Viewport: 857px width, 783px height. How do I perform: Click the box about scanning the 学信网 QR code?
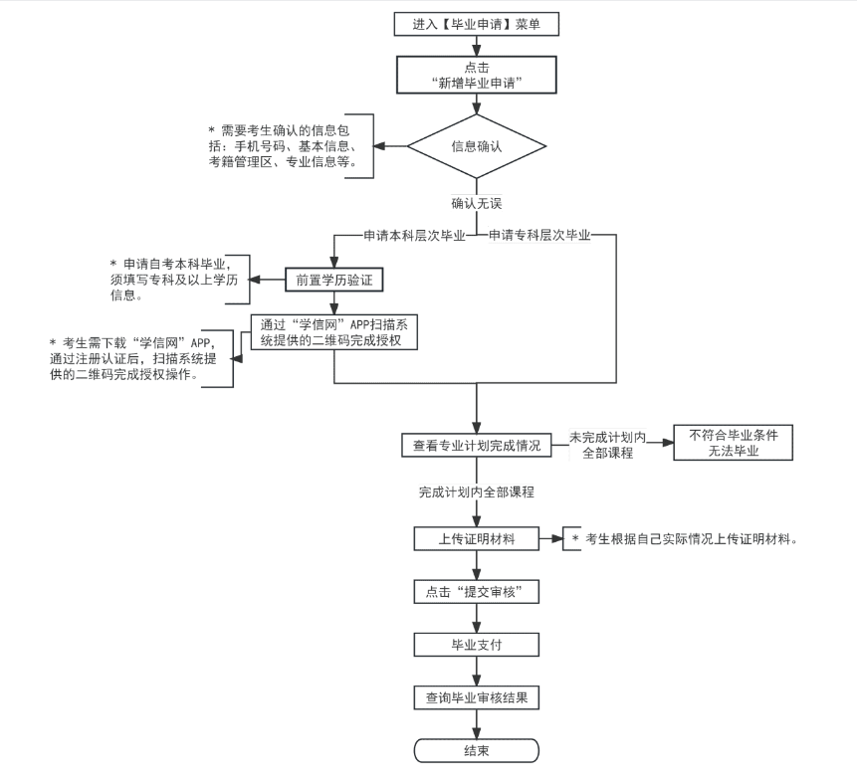[x=332, y=331]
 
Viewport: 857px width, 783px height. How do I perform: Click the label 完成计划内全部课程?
[x=477, y=492]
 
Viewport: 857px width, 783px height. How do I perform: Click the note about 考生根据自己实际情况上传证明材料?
[x=687, y=539]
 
